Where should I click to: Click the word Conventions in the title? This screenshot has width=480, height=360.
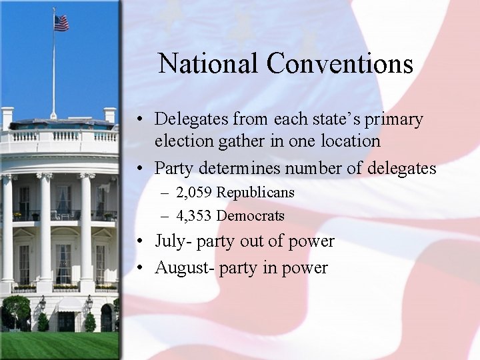point(340,64)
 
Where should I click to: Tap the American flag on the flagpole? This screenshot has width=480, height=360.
point(61,23)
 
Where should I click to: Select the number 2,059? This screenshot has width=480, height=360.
point(195,193)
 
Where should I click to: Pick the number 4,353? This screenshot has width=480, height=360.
point(195,216)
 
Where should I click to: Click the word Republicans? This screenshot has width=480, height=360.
point(255,193)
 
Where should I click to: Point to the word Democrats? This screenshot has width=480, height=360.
point(251,216)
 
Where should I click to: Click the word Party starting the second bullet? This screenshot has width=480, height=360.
point(172,169)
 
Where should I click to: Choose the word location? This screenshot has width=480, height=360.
point(349,141)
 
